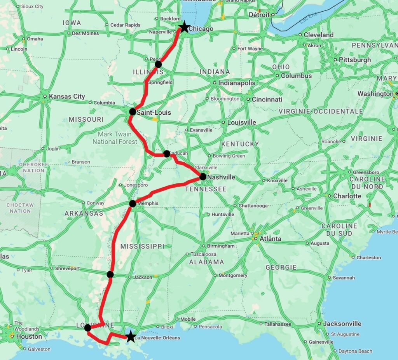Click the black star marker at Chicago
tap(184, 28)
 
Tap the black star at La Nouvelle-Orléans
tap(131, 337)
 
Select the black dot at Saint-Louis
tap(132, 112)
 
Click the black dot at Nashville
tap(203, 177)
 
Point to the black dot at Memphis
tap(133, 203)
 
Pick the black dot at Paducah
tap(167, 154)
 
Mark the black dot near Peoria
tap(158, 64)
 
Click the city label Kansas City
tap(67, 96)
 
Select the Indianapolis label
tap(237, 83)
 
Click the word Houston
tap(29, 336)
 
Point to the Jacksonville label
tap(342, 323)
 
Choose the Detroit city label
tap(259, 15)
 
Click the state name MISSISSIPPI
tap(142, 246)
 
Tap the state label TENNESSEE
tap(206, 189)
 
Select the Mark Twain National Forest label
tap(115, 138)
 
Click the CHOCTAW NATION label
tap(20, 208)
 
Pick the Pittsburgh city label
tap(355, 60)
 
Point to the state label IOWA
tap(72, 23)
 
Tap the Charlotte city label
tap(347, 196)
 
